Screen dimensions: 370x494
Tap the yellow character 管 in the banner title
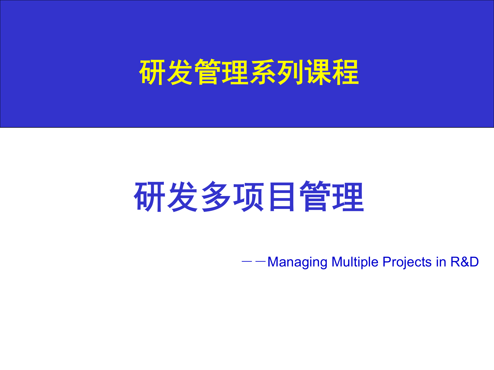208,72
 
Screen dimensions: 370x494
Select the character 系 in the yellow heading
263,72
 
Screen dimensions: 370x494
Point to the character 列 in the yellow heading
290,72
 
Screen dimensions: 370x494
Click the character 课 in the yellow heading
318,72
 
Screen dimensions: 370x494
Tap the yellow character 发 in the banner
180,72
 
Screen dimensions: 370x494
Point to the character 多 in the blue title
216,197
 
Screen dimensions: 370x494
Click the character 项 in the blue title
249,197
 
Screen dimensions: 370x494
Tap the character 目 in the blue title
282,197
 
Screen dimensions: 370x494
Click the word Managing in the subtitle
297,262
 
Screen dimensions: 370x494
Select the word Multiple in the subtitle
355,262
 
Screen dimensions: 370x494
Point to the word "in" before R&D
441,262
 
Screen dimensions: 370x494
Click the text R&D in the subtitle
465,262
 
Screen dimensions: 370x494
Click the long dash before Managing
254,262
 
